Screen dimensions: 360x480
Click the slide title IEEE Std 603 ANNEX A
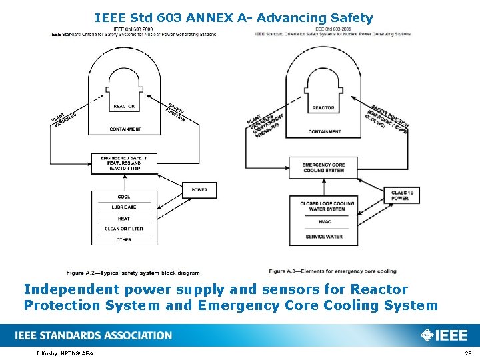coord(233,18)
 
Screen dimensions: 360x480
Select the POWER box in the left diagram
coord(199,190)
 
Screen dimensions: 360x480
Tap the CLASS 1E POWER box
coord(401,195)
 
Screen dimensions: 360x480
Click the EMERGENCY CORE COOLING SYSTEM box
coord(323,168)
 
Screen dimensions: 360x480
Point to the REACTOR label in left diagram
coord(124,106)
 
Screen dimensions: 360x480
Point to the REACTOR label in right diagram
coord(323,107)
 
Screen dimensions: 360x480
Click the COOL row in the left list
coord(124,197)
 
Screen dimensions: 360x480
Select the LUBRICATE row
coord(124,207)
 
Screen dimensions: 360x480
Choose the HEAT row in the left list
coord(124,218)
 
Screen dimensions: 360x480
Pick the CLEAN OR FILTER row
coord(124,229)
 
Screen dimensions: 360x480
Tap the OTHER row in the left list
coord(124,239)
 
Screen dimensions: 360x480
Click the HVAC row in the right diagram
coord(325,222)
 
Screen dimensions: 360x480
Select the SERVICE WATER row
coord(325,237)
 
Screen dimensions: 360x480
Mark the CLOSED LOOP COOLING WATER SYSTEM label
coord(323,206)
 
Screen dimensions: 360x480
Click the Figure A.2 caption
coord(133,273)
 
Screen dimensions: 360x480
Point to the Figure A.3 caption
coord(332,271)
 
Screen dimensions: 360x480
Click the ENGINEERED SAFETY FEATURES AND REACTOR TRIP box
coord(124,163)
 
